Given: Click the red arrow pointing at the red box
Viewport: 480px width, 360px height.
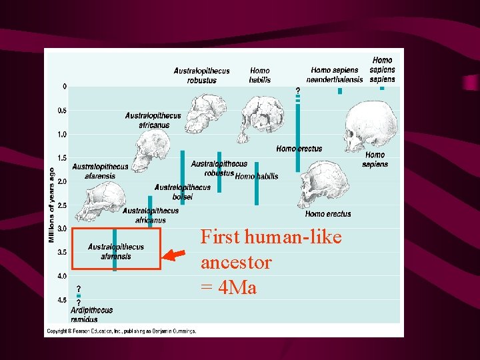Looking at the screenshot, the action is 176,254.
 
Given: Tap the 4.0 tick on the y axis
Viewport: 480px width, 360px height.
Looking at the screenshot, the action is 62,276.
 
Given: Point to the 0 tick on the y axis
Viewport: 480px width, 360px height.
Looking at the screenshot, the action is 64,87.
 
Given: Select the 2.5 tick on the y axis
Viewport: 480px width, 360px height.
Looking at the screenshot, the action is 62,205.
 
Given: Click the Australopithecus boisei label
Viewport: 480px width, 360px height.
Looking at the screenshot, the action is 182,192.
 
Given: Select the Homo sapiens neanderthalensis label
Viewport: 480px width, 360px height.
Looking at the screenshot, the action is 337,75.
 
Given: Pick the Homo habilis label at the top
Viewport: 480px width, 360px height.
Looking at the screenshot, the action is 260,75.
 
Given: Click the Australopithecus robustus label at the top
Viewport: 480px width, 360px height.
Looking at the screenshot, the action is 201,75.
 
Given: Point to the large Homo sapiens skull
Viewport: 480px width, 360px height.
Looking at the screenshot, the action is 370,127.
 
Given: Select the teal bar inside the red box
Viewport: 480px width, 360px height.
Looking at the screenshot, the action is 115,249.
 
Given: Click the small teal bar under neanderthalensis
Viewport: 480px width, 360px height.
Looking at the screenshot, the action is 339,91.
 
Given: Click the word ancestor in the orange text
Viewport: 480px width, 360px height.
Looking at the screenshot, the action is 236,263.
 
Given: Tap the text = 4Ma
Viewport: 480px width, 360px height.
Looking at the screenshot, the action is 229,288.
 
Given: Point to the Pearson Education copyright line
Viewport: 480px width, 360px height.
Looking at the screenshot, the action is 121,331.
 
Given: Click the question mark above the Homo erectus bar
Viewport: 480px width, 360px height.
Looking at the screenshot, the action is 298,90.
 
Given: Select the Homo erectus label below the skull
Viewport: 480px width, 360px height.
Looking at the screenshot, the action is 328,214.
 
